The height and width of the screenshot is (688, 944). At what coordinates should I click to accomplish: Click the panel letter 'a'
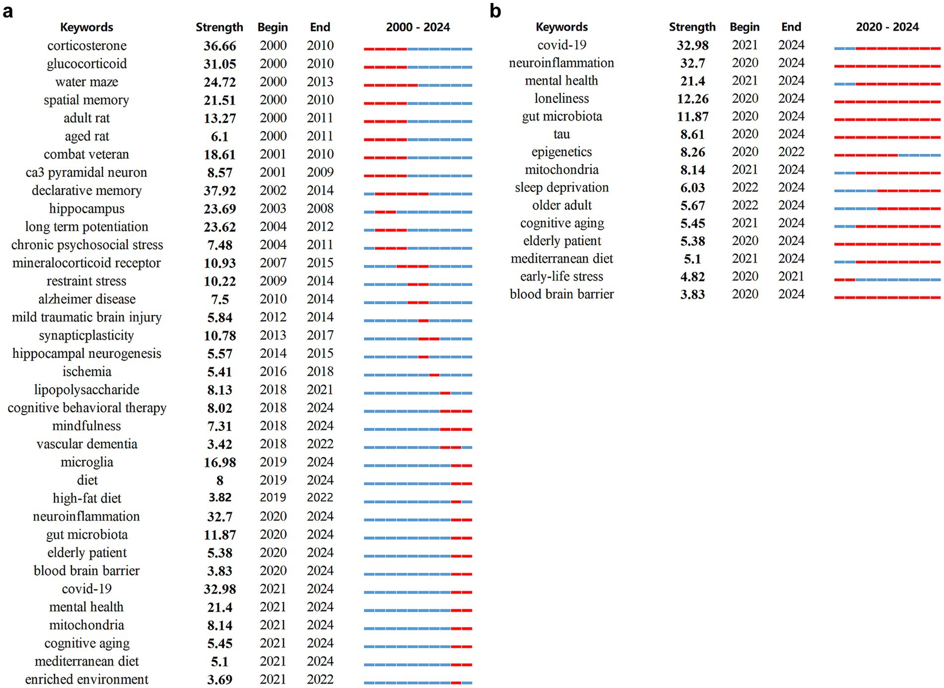tap(7, 11)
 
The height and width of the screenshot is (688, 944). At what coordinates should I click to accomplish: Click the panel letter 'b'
tap(495, 11)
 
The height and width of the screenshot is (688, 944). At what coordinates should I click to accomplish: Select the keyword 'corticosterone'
tap(87, 46)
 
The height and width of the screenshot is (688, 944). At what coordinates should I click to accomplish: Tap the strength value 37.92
tap(219, 191)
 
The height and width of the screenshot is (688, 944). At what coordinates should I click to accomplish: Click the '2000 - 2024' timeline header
tap(418, 27)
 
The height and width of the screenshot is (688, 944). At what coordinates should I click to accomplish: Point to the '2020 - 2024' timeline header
tap(887, 27)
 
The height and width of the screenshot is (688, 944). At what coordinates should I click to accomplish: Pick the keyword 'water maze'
tap(87, 82)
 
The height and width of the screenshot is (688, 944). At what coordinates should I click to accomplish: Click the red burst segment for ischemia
tap(434, 375)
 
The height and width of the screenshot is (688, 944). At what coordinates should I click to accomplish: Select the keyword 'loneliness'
tap(561, 98)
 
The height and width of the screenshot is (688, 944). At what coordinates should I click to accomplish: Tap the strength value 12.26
tap(692, 99)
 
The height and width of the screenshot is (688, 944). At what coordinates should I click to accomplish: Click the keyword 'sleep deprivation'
tap(561, 188)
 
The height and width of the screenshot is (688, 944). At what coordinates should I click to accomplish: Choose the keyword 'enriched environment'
tap(87, 679)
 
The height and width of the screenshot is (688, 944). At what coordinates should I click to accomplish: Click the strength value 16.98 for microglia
tap(219, 462)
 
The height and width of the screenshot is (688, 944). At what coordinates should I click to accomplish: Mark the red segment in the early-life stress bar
tap(845, 280)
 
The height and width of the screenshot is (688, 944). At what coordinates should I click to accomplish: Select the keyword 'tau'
tap(561, 134)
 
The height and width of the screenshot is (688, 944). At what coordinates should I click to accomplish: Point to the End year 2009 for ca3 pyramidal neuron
tap(320, 172)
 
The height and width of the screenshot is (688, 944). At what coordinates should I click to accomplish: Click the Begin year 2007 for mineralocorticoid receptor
tap(273, 263)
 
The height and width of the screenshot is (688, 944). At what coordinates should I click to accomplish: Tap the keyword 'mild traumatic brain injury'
tap(87, 317)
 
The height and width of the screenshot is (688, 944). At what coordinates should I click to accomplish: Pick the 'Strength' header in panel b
tap(692, 27)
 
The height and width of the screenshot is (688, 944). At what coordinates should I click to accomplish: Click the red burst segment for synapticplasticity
tap(429, 339)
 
